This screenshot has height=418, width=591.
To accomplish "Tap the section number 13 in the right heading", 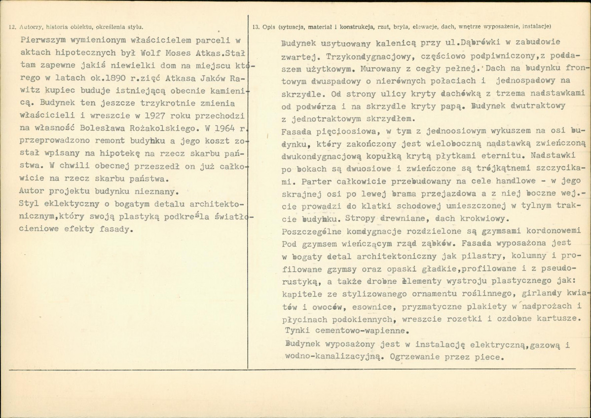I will coord(256,27).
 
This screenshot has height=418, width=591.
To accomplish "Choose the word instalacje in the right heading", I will coord(535,27).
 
